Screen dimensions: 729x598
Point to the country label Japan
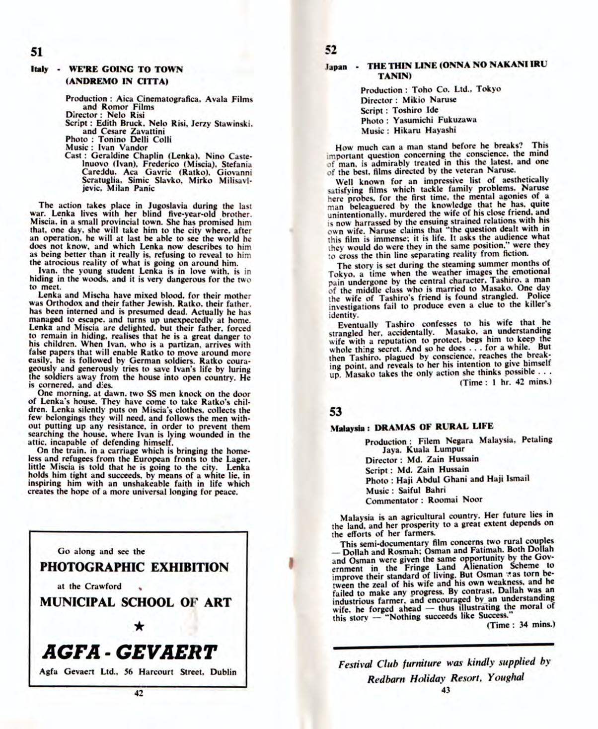click(x=336, y=67)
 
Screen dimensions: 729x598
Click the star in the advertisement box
click(x=139, y=627)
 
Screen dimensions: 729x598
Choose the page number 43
click(x=445, y=689)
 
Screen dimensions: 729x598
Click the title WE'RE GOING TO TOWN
click(x=125, y=70)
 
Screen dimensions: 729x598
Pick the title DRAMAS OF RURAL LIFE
click(x=434, y=427)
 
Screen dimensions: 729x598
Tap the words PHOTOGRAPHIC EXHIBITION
click(x=134, y=567)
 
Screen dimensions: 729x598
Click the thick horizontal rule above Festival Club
click(x=443, y=644)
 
